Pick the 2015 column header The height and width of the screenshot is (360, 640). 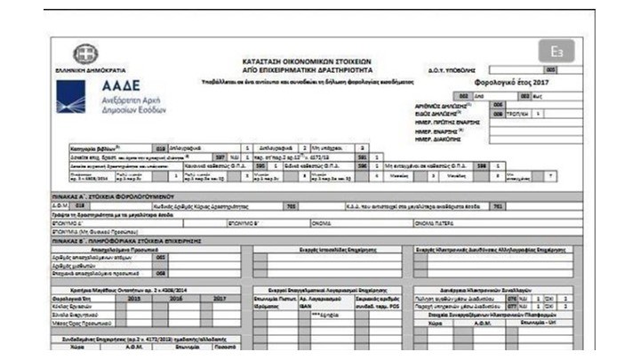click(x=135, y=298)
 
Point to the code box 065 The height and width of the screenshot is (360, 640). click(x=161, y=257)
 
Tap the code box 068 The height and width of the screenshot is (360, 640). click(x=161, y=273)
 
